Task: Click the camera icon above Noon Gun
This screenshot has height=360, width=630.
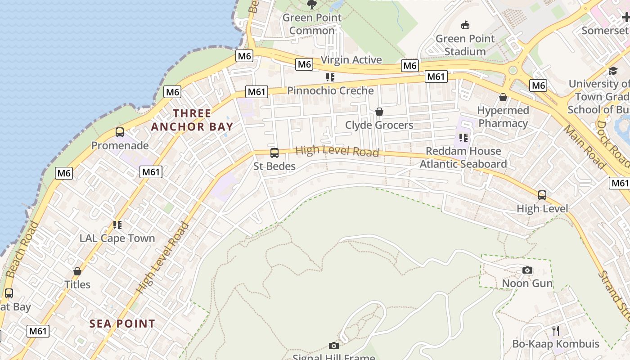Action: [x=527, y=270]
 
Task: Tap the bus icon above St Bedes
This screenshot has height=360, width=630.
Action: [x=274, y=153]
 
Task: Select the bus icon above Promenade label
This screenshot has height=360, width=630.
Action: [x=119, y=132]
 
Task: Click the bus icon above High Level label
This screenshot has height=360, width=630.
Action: [x=542, y=195]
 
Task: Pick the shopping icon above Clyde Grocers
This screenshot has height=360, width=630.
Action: [x=379, y=112]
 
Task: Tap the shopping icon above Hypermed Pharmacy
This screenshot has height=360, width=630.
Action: [x=503, y=97]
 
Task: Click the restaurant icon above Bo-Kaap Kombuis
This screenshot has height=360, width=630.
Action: [x=556, y=331]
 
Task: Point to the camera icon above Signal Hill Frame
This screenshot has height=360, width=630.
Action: [x=333, y=346]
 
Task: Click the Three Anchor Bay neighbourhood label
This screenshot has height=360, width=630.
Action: [x=192, y=120]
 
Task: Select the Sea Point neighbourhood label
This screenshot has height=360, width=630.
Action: [x=122, y=324]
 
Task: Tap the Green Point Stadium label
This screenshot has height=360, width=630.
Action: [x=465, y=45]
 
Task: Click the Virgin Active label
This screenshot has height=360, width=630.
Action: [x=351, y=60]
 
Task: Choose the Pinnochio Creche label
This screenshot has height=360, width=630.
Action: [x=330, y=90]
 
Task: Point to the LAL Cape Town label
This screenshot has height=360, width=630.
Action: [x=117, y=238]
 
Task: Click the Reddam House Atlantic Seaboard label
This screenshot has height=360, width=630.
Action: [x=463, y=157]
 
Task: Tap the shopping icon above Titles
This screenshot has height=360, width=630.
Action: [x=77, y=272]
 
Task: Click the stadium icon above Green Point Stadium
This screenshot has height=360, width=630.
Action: [x=465, y=25]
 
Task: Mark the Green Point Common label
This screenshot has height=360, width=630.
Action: [x=312, y=24]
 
